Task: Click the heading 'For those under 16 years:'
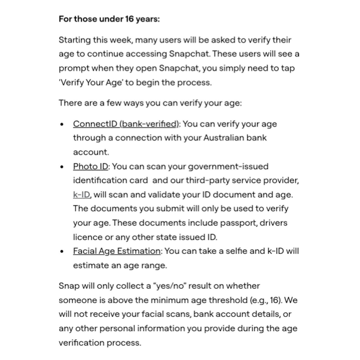[109, 19]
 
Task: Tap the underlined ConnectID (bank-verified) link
[126, 124]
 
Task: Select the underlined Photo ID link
[91, 166]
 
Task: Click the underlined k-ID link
[82, 195]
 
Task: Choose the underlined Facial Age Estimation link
[117, 251]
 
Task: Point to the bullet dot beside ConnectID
[62, 124]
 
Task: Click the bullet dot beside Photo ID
[62, 167]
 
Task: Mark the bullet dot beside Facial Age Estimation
[62, 251]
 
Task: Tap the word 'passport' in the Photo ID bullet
[238, 223]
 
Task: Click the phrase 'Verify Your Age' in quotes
[91, 83]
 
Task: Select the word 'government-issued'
[228, 166]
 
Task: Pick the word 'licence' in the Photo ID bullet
[87, 237]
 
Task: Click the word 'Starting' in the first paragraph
[75, 40]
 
